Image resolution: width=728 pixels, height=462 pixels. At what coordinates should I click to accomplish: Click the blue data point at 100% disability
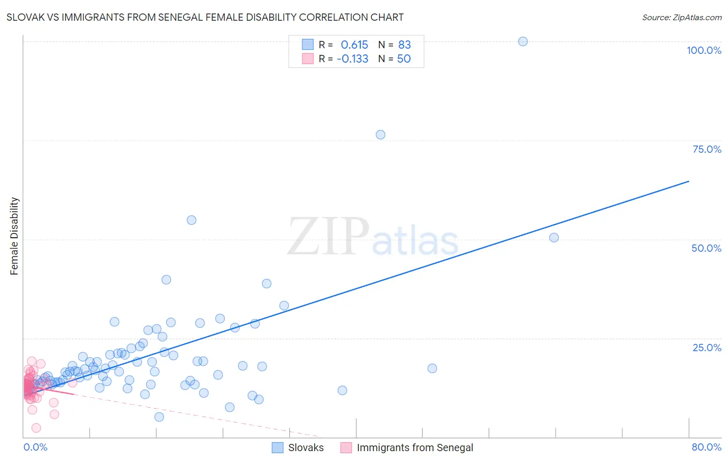tap(523, 41)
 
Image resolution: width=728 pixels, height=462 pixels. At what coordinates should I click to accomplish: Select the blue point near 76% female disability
tap(381, 135)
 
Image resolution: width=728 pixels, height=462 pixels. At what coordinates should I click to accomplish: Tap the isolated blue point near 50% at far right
tap(554, 238)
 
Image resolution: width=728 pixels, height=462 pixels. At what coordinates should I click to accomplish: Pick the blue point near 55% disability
tap(192, 220)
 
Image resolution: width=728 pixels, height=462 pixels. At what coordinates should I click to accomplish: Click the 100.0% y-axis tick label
tap(704, 50)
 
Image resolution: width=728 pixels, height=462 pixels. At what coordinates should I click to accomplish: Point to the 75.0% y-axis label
tap(707, 149)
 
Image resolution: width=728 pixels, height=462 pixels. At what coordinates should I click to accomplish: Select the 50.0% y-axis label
tap(706, 248)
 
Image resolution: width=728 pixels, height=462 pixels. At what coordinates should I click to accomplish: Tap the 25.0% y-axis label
tap(707, 348)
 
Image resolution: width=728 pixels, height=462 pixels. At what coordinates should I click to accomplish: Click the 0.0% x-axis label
tap(35, 447)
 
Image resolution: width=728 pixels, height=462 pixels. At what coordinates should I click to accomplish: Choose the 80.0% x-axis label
tap(706, 447)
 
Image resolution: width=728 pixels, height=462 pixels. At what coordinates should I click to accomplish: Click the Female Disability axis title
tap(14, 236)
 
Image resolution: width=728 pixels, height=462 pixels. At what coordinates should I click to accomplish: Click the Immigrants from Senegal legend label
tap(415, 447)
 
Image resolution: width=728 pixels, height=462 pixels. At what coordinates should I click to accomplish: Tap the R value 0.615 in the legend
tap(354, 45)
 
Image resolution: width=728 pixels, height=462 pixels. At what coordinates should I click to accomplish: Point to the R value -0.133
tap(353, 59)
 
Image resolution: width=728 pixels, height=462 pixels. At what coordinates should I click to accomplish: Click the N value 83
tap(404, 45)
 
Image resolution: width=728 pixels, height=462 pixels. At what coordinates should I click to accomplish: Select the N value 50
tap(404, 59)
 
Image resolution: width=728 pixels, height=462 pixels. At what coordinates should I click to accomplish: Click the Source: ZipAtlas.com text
tap(681, 18)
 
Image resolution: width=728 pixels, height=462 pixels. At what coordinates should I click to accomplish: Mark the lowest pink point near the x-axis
tap(36, 428)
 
